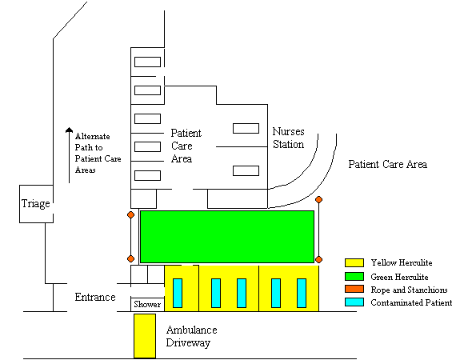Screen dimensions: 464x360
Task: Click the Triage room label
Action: point(35,203)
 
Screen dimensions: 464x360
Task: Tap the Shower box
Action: point(147,304)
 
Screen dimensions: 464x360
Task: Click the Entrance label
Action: point(95,297)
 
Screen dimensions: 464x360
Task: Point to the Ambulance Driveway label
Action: point(191,336)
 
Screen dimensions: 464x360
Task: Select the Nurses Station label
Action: point(288,138)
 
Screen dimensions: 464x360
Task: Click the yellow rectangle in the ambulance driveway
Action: point(145,336)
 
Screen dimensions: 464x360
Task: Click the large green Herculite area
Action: point(227,237)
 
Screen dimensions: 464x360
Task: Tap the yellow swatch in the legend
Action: point(354,262)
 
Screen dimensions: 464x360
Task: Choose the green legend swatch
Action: point(354,276)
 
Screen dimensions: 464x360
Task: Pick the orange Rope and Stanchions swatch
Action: point(354,289)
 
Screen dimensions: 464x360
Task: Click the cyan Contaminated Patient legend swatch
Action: point(354,302)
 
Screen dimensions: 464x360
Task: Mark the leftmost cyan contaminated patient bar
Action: point(178,293)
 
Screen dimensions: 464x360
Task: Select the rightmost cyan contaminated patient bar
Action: point(302,293)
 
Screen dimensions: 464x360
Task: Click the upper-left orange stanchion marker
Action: point(130,214)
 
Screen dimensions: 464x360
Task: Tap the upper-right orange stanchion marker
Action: point(318,200)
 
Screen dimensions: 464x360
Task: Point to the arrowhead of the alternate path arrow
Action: point(69,130)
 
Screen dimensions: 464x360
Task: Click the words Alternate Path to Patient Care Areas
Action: point(98,153)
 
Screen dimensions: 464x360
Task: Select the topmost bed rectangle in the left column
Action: point(147,62)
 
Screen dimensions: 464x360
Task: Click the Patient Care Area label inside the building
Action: point(186,146)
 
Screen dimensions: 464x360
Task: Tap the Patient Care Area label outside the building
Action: point(387,164)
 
